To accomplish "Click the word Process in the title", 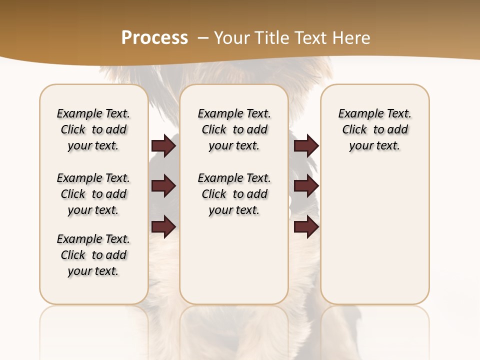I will click(154, 37).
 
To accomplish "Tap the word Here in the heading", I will click(352, 37).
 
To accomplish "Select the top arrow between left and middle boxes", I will click(163, 146).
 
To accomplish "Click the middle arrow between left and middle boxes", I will click(163, 186).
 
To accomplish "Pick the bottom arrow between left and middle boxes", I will click(163, 226).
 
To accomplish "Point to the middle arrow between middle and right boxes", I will click(306, 186).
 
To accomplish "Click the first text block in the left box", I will click(93, 129).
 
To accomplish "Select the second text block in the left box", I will click(93, 194).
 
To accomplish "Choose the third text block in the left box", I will click(93, 255).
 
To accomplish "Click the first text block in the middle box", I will click(234, 129).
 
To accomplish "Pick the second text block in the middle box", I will click(234, 194).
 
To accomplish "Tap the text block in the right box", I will click(375, 129).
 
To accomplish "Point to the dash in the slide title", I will click(203, 37).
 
